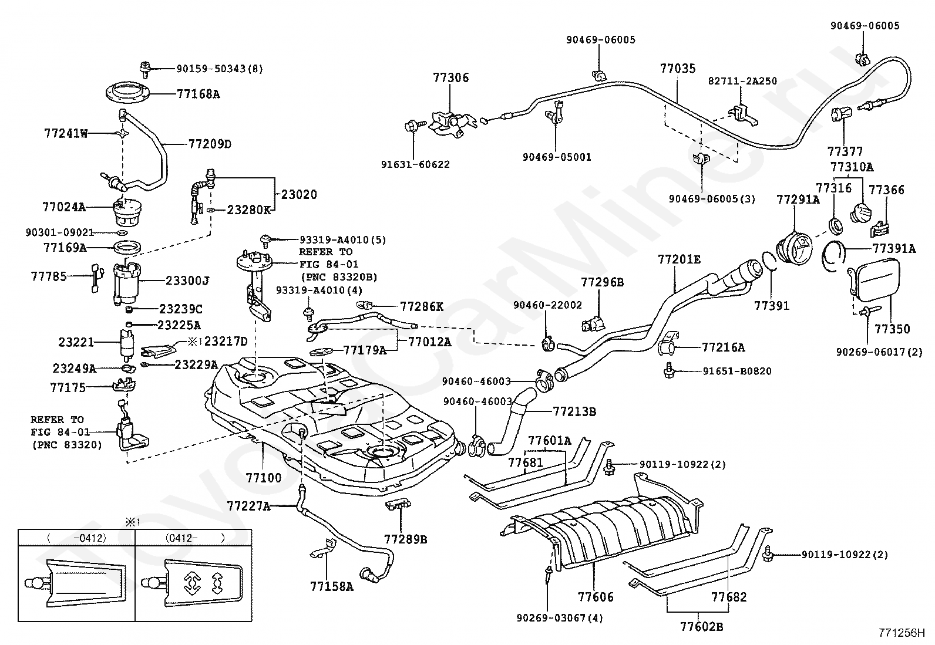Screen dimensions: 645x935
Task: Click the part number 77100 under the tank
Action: [264, 478]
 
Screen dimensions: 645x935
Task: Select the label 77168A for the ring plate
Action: [198, 94]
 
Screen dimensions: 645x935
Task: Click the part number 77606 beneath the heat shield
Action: [596, 597]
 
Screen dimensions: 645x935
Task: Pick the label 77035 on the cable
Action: [678, 69]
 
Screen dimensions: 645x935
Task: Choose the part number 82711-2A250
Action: [742, 81]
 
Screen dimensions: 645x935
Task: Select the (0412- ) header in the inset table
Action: [194, 537]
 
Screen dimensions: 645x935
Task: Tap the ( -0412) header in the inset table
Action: [77, 537]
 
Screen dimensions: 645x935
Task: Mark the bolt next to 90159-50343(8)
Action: [145, 68]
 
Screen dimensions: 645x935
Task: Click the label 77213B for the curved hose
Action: [574, 412]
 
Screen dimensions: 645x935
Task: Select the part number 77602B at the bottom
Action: [701, 627]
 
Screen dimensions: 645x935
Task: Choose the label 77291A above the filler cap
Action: [798, 200]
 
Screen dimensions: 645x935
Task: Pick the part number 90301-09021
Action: [59, 232]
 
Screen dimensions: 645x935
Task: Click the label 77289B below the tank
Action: [406, 539]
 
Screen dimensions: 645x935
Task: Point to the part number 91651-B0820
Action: [737, 371]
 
